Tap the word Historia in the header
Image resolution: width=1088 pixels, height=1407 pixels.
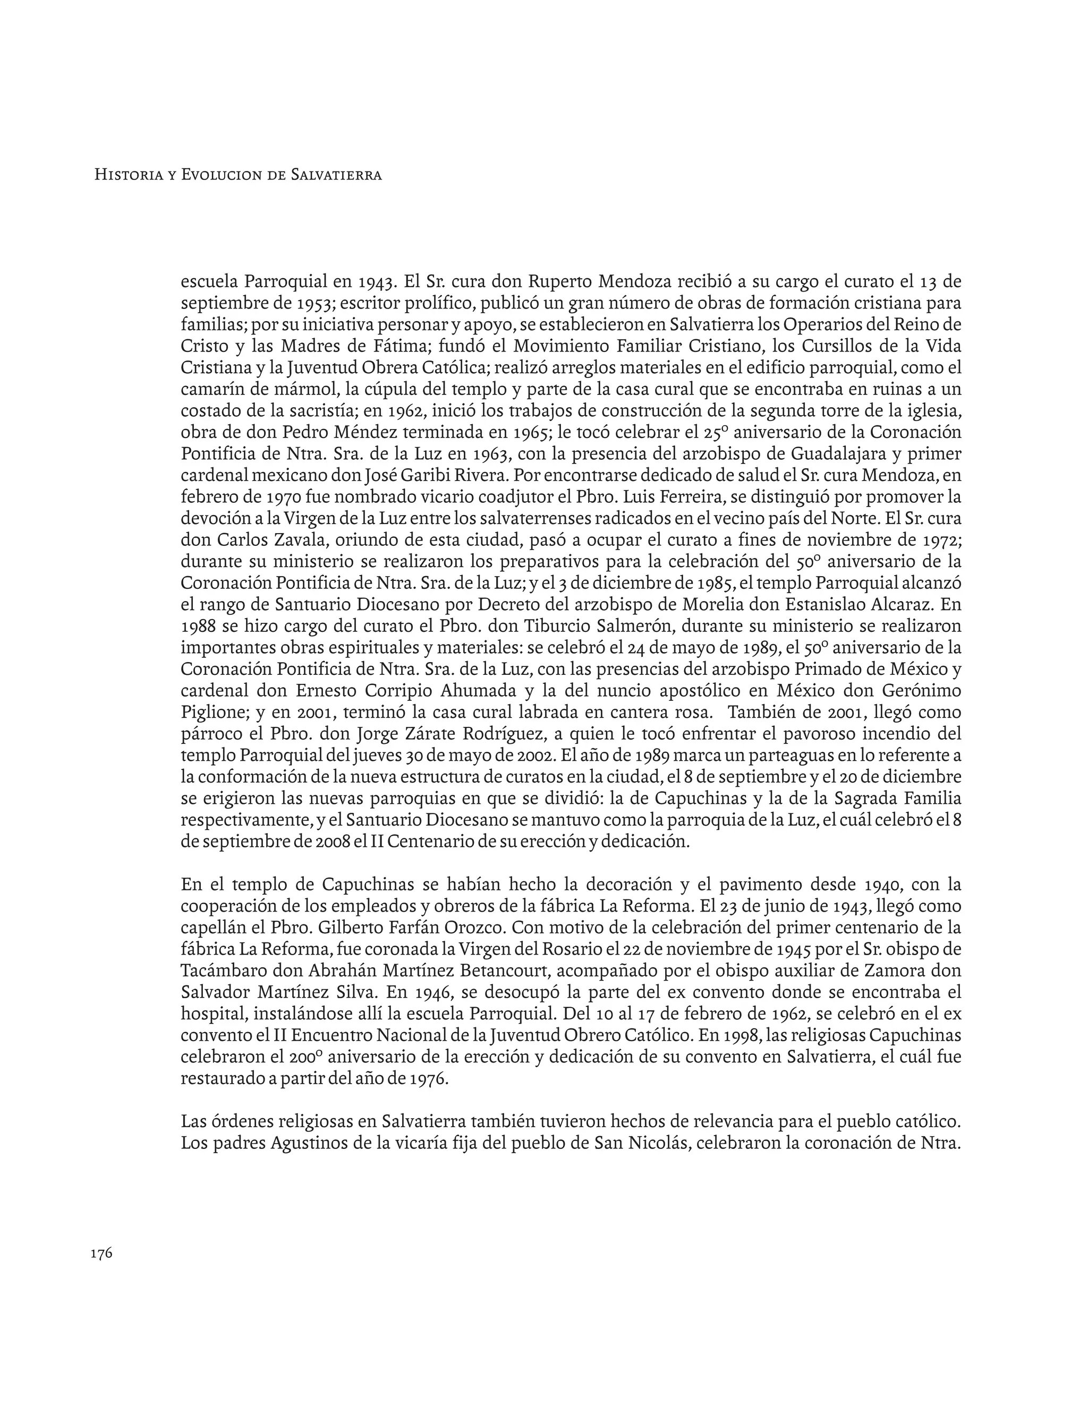[x=126, y=175]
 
